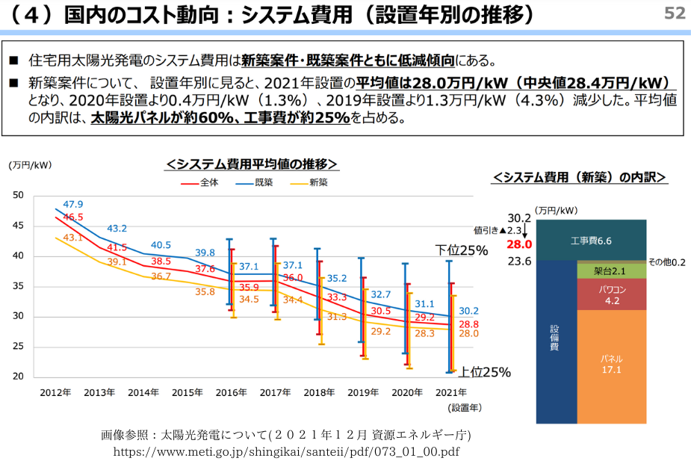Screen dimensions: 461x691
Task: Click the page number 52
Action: tap(674, 13)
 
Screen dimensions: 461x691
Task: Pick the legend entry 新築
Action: tap(319, 182)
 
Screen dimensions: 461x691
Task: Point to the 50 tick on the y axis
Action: tap(19, 196)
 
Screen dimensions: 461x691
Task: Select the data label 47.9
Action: tap(73, 204)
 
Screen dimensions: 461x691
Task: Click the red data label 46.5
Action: tap(73, 217)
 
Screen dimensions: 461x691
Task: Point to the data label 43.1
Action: tap(72, 238)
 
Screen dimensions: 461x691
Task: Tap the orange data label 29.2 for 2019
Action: tap(381, 331)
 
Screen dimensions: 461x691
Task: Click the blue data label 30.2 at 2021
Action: tap(468, 311)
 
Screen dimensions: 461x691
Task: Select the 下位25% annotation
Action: tap(462, 251)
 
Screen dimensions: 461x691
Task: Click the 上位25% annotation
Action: tap(484, 372)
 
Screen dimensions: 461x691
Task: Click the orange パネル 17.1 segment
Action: tap(611, 364)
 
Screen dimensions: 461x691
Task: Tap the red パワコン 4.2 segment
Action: tap(611, 294)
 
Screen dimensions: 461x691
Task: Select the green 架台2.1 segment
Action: tap(611, 270)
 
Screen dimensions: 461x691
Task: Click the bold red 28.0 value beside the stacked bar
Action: tap(518, 244)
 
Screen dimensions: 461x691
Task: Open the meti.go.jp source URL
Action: tap(287, 451)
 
